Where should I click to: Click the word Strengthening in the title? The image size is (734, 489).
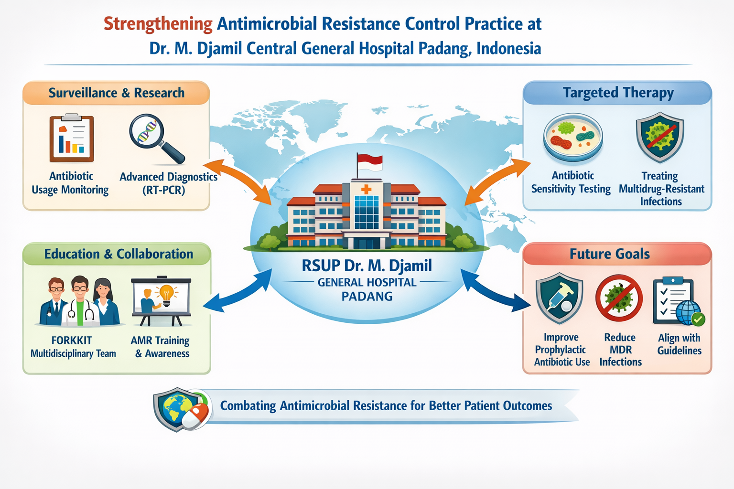[x=158, y=24]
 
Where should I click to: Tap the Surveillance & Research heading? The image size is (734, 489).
[x=116, y=93]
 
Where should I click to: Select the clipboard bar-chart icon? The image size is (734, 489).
[x=72, y=138]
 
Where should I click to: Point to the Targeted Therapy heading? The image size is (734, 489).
[x=618, y=93]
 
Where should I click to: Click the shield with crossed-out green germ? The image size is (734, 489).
[x=659, y=137]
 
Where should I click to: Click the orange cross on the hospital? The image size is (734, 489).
[x=367, y=190]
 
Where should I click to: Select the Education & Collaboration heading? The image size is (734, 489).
[x=119, y=254]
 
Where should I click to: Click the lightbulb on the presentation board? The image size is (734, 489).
[x=166, y=294]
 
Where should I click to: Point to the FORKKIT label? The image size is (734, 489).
[x=72, y=340]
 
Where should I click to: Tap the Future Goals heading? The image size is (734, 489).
[x=609, y=254]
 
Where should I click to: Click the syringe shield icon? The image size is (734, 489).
[x=559, y=298]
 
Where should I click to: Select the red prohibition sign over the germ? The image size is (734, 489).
[x=619, y=298]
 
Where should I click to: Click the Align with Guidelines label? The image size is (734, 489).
[x=679, y=344]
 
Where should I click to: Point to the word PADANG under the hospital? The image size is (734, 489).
[x=367, y=297]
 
